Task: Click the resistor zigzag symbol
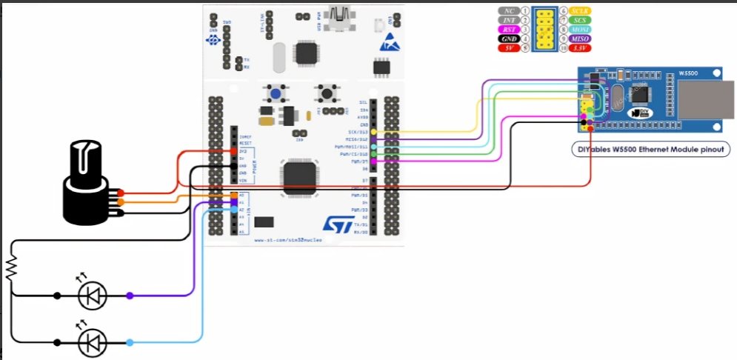click(x=11, y=267)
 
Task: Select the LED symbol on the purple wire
click(x=93, y=296)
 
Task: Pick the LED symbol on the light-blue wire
click(x=93, y=342)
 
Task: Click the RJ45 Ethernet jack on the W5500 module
click(x=704, y=99)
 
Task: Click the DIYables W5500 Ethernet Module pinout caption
click(x=652, y=150)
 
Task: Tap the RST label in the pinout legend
click(x=507, y=30)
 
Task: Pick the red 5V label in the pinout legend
click(x=507, y=47)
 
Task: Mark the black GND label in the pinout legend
click(x=507, y=39)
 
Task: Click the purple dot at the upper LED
click(x=130, y=296)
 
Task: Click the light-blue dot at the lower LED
click(x=130, y=342)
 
